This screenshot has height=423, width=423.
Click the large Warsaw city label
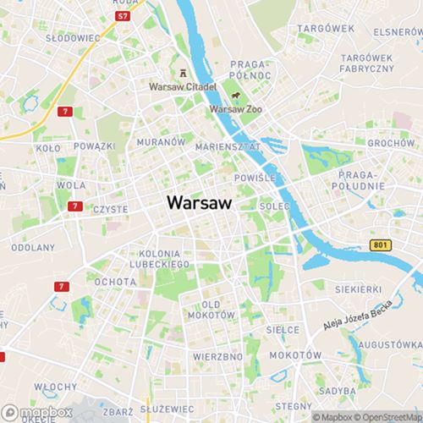click(200, 203)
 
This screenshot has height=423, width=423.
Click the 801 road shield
click(382, 244)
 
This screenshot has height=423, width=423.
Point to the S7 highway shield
click(124, 16)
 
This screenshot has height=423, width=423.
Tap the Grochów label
click(391, 143)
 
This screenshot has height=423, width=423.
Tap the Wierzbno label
click(217, 356)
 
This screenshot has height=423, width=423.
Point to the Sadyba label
click(338, 391)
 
